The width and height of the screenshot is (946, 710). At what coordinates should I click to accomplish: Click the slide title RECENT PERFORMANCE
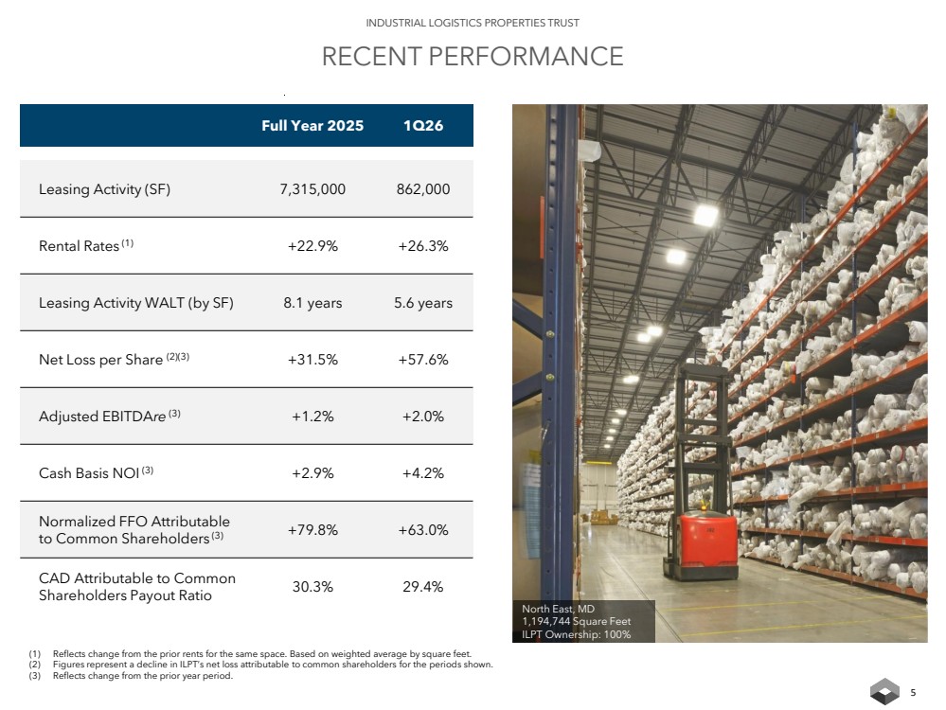(x=473, y=57)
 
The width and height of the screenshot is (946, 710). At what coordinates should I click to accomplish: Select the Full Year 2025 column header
(x=312, y=126)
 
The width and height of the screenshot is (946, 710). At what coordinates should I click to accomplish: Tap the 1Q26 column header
(x=423, y=126)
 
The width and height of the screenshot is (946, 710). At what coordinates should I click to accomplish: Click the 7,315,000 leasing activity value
(x=312, y=188)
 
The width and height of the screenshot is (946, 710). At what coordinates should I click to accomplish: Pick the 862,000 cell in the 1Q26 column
(x=423, y=188)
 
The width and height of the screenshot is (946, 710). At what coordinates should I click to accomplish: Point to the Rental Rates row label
(x=86, y=245)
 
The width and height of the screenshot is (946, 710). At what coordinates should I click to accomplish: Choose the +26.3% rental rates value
(x=423, y=245)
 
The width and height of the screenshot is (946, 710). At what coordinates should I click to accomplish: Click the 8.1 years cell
(x=312, y=302)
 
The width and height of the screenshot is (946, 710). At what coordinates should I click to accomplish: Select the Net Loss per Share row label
(x=114, y=359)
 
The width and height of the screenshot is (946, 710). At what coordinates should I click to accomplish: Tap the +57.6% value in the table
(x=423, y=360)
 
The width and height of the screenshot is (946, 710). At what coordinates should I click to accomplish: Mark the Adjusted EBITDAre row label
(x=109, y=416)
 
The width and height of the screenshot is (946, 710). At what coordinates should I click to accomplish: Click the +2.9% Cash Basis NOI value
(x=312, y=473)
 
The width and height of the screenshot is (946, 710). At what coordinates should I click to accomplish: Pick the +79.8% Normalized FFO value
(x=312, y=529)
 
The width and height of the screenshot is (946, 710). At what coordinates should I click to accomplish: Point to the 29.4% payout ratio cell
(x=423, y=586)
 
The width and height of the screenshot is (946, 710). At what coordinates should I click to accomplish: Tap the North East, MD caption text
(x=558, y=609)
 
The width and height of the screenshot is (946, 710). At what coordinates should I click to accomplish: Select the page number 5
(x=913, y=693)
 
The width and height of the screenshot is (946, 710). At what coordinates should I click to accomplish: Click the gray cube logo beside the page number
(x=884, y=691)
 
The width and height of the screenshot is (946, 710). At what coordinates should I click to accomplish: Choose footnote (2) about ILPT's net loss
(x=260, y=665)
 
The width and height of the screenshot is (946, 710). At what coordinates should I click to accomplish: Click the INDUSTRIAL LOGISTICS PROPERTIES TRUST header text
(x=473, y=23)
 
